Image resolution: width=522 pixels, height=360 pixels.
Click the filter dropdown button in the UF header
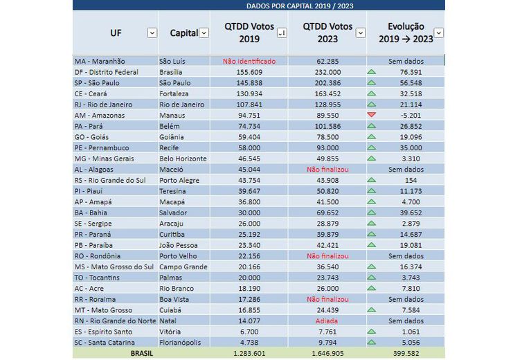pyautogui.click(x=152, y=33)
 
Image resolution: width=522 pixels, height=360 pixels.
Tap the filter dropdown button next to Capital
pyautogui.click(x=204, y=33)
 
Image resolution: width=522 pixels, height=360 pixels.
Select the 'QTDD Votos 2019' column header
pyautogui.click(x=249, y=33)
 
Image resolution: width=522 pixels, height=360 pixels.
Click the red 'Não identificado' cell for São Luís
pyautogui.click(x=249, y=61)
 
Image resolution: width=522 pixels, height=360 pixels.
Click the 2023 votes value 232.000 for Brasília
pyautogui.click(x=327, y=72)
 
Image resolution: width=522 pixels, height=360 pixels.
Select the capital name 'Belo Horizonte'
pyautogui.click(x=183, y=159)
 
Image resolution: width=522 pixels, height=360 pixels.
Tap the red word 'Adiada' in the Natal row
pyautogui.click(x=327, y=321)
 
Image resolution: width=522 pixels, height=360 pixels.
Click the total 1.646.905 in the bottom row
pyautogui.click(x=327, y=353)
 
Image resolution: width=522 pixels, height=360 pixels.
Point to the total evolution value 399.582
pyautogui.click(x=406, y=353)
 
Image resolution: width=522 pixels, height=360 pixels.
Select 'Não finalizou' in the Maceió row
pyautogui.click(x=327, y=169)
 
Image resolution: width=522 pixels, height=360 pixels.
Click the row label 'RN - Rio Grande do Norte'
pyautogui.click(x=114, y=321)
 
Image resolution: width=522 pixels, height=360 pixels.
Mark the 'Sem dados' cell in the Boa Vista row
pyautogui.click(x=406, y=299)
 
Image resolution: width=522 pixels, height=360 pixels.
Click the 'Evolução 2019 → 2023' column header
pyautogui.click(x=406, y=33)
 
